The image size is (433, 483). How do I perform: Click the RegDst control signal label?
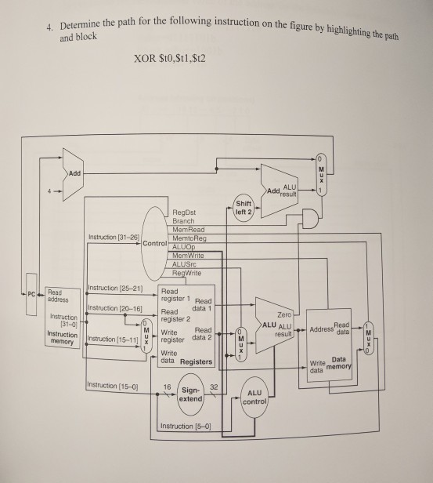(x=184, y=212)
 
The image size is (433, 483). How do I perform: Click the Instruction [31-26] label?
(x=113, y=237)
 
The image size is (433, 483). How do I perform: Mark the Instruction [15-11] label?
(x=113, y=340)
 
